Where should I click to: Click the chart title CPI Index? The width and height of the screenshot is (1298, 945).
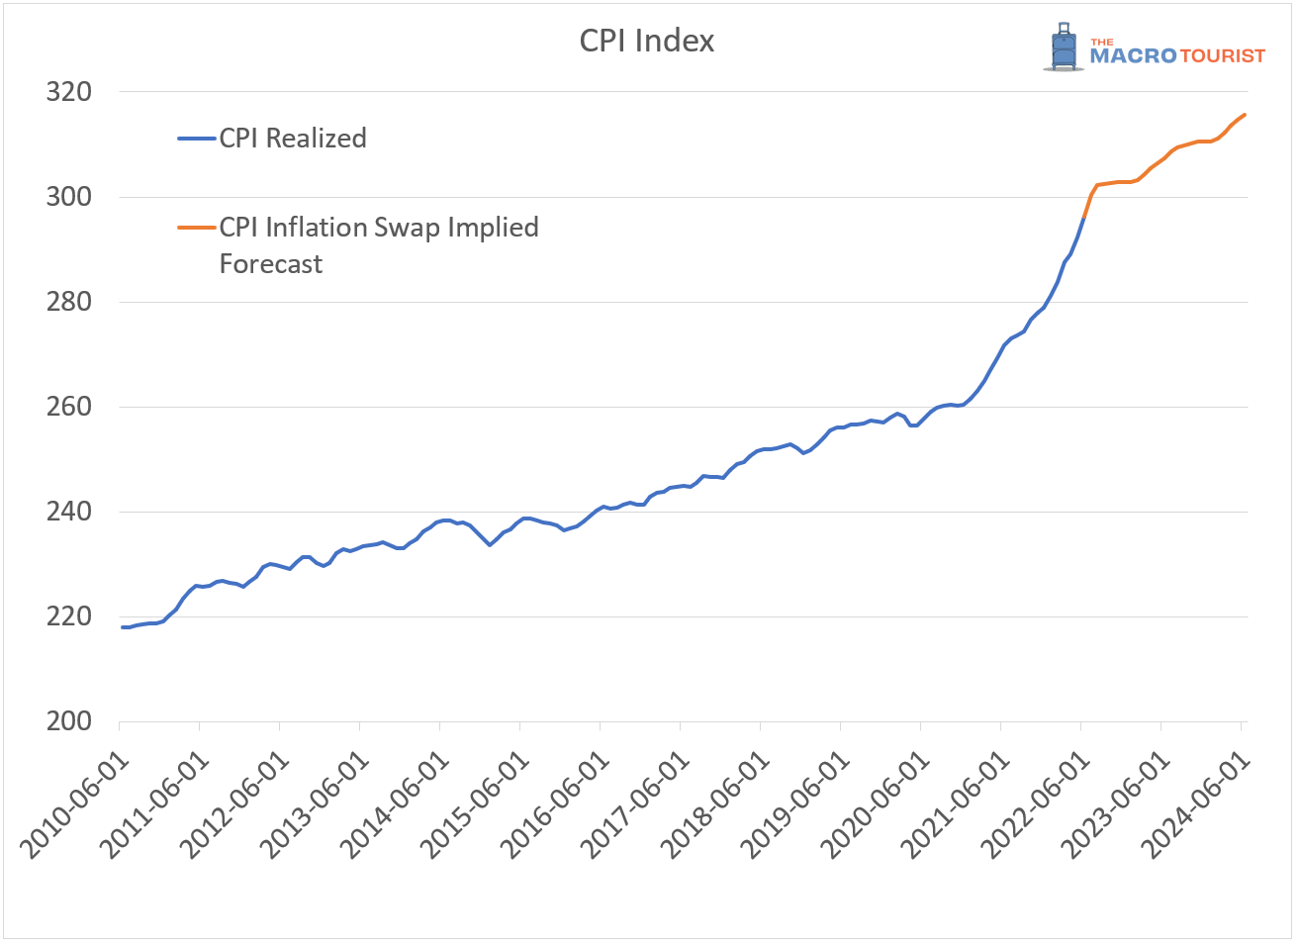click(x=646, y=41)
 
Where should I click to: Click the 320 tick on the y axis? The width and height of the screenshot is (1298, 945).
click(x=68, y=92)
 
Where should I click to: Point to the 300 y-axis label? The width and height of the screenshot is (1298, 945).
click(x=68, y=197)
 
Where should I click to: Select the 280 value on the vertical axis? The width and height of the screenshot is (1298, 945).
click(x=68, y=302)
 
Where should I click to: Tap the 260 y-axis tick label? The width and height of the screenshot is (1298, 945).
click(x=68, y=407)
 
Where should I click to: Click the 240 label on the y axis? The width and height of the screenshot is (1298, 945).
click(x=68, y=512)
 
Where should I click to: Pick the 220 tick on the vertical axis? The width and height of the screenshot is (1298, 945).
click(x=68, y=616)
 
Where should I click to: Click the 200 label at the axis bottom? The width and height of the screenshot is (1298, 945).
click(x=68, y=721)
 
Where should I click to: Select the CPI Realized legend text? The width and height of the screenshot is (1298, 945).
click(x=293, y=139)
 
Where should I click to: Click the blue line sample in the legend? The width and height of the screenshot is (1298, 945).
click(x=197, y=139)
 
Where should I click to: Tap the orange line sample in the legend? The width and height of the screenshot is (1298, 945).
click(x=197, y=228)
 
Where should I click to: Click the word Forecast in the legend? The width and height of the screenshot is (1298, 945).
click(x=271, y=264)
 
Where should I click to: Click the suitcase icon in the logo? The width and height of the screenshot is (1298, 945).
click(x=1064, y=47)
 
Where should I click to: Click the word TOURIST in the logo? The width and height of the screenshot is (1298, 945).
click(x=1223, y=56)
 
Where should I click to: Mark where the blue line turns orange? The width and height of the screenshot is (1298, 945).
click(x=1084, y=218)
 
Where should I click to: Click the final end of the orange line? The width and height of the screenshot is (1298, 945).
click(x=1245, y=115)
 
